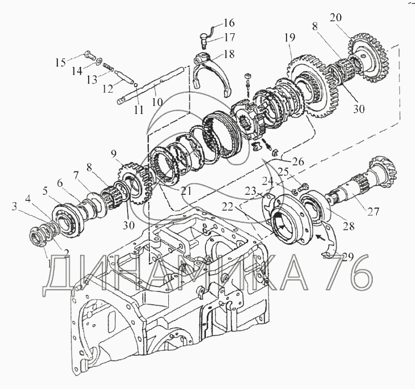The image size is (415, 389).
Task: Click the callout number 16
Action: pos(229,23)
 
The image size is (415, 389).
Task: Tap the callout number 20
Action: pos(336,18)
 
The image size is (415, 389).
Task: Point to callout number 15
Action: pos(60,63)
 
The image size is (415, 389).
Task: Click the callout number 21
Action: pos(186,191)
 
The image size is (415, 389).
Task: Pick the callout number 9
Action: pos(113,154)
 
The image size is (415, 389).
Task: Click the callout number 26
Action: pos(298,161)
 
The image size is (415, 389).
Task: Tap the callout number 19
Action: pos(290,38)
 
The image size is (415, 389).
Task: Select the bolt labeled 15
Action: pos(90,56)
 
